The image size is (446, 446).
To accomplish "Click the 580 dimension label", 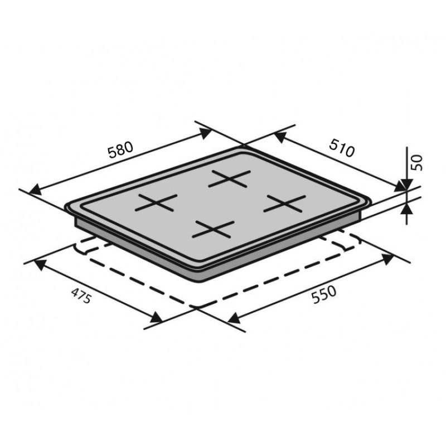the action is click(x=120, y=150).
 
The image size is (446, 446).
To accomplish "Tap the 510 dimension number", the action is click(x=342, y=148).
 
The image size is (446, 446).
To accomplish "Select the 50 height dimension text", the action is click(x=417, y=163).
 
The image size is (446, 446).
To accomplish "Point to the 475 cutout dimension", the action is click(x=81, y=296).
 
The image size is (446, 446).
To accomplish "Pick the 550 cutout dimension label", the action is click(x=324, y=295).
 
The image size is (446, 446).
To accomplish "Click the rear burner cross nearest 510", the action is click(x=229, y=178).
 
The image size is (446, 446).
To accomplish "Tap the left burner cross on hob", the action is click(x=156, y=202).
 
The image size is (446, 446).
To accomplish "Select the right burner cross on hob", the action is click(x=284, y=203).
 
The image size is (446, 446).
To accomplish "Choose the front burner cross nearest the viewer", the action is click(x=213, y=229).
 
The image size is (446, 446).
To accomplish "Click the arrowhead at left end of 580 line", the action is click(x=35, y=190).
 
